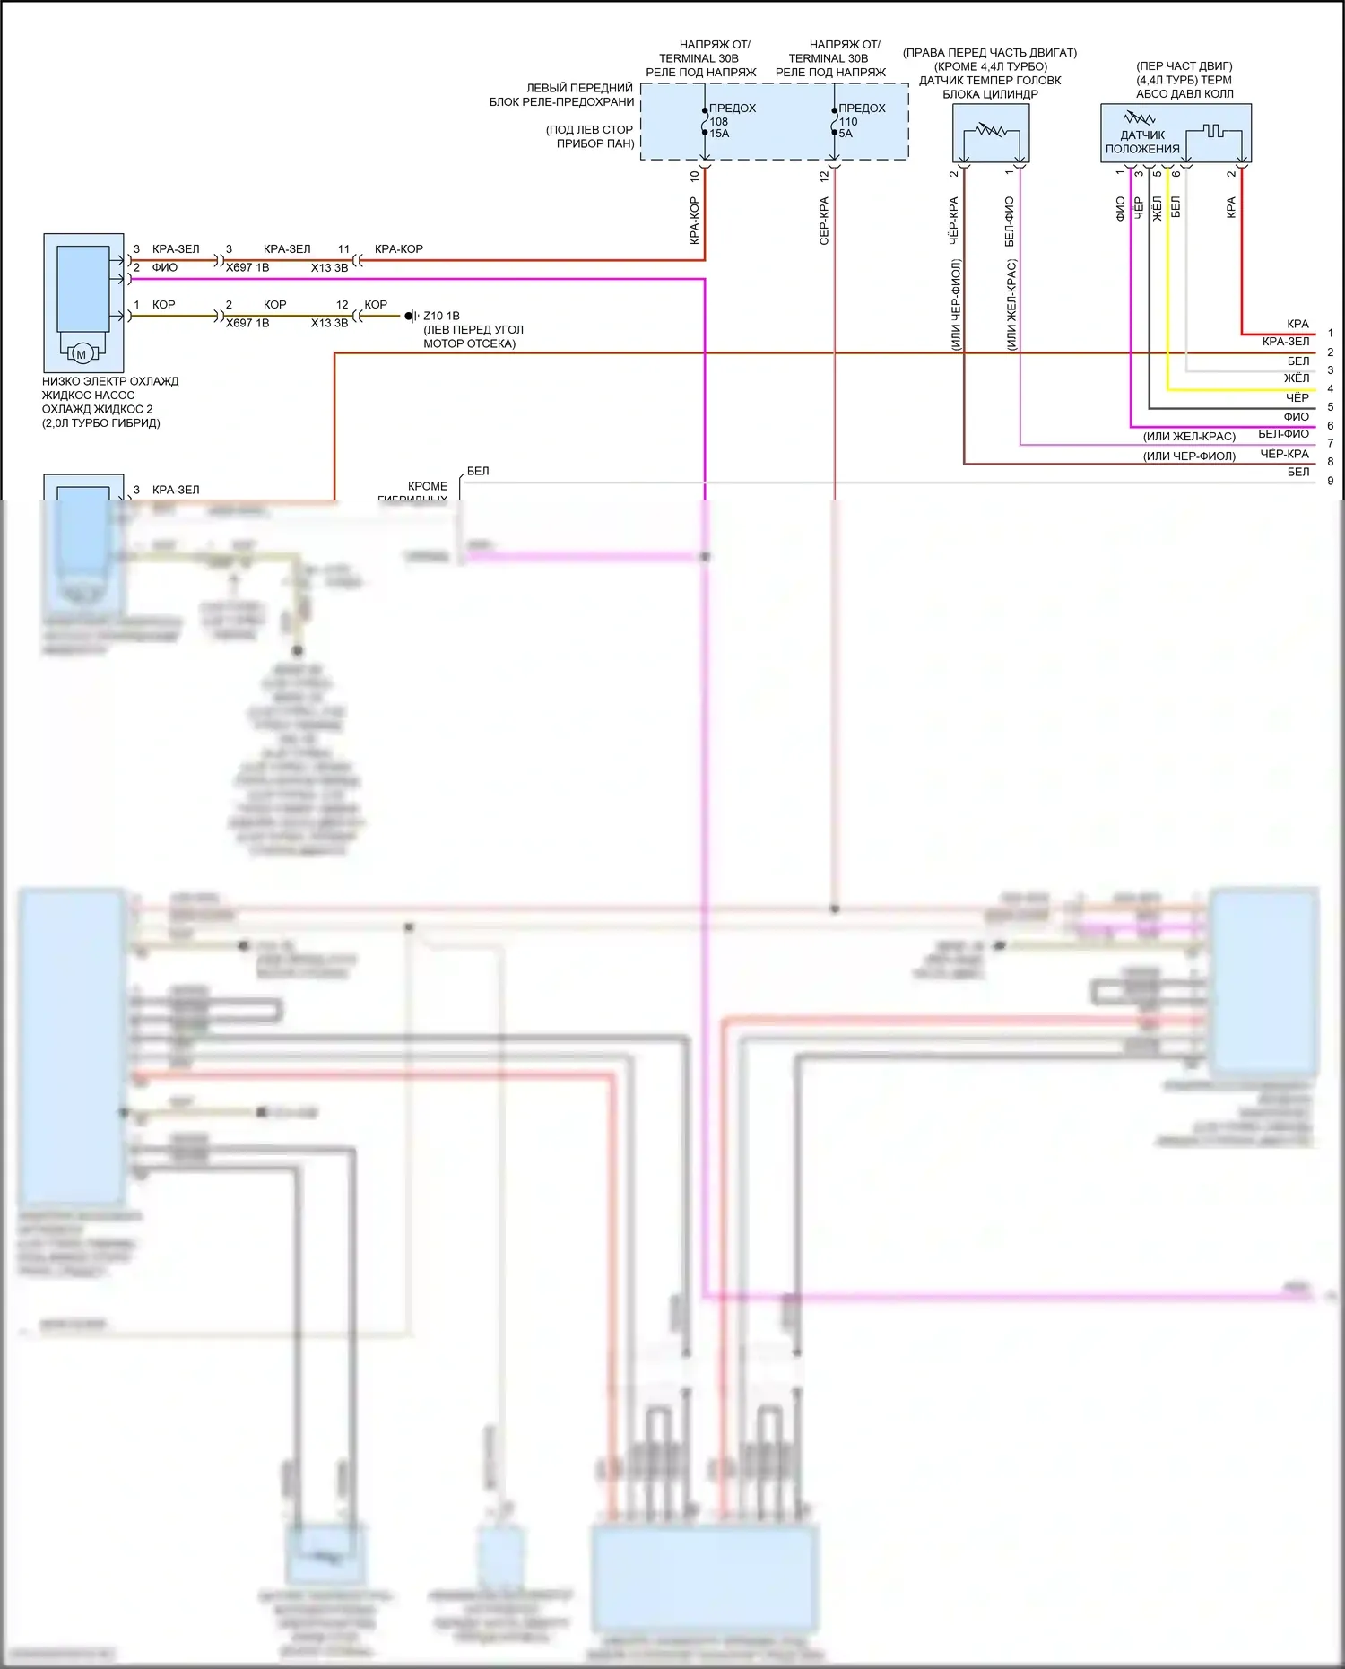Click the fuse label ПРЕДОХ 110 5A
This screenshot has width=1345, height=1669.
[x=861, y=120]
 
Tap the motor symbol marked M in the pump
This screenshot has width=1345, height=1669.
[x=82, y=354]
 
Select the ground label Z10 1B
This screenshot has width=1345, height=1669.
[x=441, y=316]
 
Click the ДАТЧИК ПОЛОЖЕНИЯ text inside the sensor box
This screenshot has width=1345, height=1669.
[x=1141, y=142]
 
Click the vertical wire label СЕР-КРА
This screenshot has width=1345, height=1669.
[x=824, y=221]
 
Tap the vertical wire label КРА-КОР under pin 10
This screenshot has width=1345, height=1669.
[x=694, y=221]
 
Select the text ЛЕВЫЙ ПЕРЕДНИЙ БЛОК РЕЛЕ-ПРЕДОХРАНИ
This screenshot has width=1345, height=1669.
[x=562, y=95]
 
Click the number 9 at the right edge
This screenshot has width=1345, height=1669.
[x=1331, y=481]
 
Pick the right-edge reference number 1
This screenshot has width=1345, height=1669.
[x=1331, y=333]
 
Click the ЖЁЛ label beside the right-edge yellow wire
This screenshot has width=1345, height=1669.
[x=1297, y=378]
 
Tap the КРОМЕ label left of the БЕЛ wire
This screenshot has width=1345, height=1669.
[x=428, y=486]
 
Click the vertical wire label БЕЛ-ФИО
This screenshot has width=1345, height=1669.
[x=1010, y=222]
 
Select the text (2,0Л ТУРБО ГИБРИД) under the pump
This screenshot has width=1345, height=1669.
[x=101, y=423]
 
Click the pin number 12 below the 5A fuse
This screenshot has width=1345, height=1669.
[x=824, y=177]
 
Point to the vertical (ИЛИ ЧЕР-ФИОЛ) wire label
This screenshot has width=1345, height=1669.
[x=956, y=305]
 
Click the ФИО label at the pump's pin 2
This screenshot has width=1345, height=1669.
[x=165, y=267]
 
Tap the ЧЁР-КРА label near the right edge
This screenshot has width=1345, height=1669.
[x=1284, y=454]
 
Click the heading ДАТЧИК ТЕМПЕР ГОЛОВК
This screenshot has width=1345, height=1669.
[x=990, y=80]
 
